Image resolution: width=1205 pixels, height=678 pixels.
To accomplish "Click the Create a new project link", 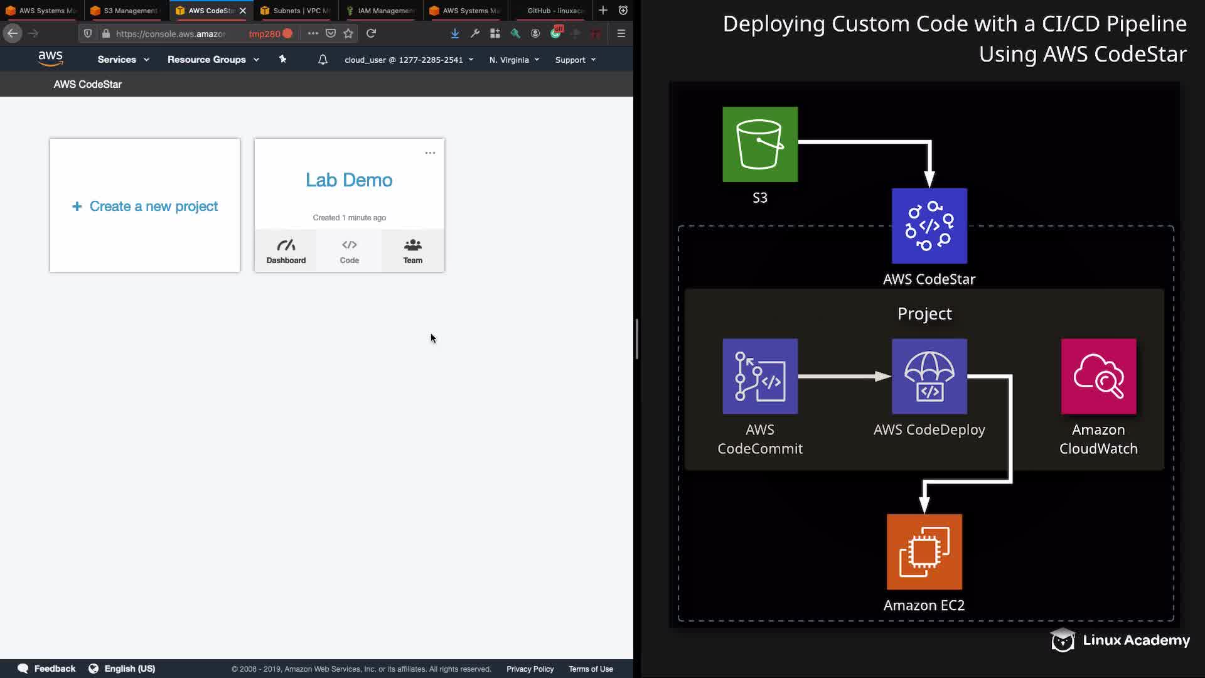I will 145,206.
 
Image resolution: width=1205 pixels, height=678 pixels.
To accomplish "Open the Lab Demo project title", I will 349,180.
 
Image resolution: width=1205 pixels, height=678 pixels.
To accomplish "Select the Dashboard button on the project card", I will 286,251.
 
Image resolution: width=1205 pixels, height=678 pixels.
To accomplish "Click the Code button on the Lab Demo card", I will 350,251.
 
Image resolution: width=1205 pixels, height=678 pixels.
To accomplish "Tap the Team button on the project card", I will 412,251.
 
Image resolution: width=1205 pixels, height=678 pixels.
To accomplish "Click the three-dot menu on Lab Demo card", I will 430,153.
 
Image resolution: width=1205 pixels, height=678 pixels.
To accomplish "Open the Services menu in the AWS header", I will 123,60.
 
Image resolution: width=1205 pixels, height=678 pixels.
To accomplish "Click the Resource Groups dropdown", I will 213,60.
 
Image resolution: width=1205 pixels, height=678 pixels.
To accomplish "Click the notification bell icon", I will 323,60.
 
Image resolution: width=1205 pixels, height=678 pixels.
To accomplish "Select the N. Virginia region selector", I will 514,60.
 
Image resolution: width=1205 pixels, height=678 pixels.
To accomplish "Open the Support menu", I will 575,60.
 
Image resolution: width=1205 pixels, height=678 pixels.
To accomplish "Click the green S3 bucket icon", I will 760,144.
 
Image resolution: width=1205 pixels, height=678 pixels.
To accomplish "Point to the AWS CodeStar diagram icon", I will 929,226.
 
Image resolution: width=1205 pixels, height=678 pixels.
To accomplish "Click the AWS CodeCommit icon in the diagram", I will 760,377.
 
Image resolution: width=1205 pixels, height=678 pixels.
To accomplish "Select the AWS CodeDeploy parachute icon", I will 929,377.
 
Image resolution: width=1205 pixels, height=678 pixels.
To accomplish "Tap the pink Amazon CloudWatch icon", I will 1098,377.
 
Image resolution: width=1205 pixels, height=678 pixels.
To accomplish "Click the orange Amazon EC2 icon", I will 924,552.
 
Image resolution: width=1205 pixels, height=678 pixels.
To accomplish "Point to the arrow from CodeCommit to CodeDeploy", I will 844,377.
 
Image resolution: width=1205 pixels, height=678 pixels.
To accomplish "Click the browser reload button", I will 371,33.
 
